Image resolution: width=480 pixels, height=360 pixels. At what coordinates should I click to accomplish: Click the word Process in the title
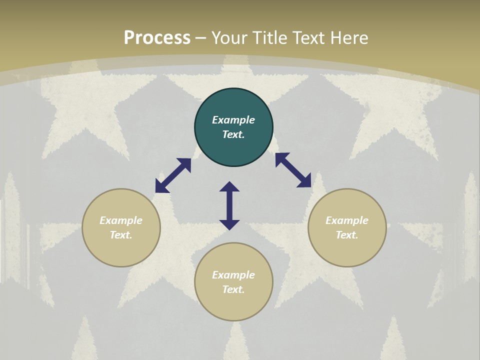pos(157,38)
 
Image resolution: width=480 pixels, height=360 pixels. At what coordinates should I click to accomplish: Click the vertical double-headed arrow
pos(229,205)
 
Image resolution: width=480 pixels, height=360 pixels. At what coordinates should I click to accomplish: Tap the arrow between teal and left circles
pos(173,175)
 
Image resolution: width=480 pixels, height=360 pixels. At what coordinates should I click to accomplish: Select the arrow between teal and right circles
pos(293,170)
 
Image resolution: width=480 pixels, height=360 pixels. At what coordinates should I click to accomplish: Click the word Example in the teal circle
pos(233,120)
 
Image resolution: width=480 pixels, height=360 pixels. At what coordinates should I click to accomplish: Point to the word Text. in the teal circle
pos(233,134)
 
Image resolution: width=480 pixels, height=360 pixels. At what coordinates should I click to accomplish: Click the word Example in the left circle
pos(121,220)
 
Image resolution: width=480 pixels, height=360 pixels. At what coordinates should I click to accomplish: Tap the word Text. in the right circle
pos(347,235)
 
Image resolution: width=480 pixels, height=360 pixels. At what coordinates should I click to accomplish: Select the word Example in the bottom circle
pos(233,275)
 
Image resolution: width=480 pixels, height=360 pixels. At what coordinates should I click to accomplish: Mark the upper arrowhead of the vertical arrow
pos(229,186)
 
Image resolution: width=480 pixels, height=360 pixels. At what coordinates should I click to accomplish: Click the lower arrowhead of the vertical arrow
pos(229,224)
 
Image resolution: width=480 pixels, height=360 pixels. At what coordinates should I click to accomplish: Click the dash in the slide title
pos(201,38)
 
